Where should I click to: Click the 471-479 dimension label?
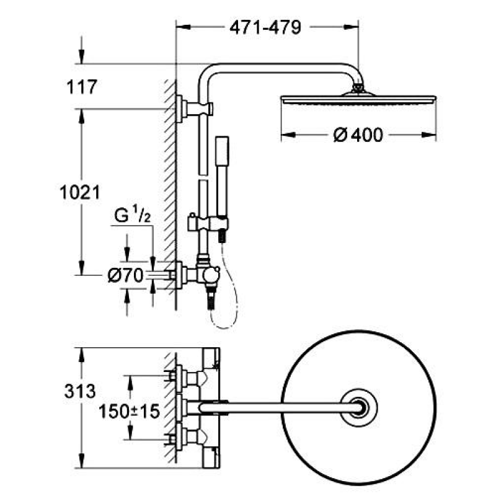(x=265, y=27)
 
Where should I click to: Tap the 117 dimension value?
(x=82, y=87)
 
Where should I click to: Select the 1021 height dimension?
(x=80, y=192)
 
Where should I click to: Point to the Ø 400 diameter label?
(x=358, y=135)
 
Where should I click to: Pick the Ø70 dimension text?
(x=125, y=275)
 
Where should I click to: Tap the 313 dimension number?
(x=80, y=391)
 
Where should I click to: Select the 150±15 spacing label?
(x=129, y=412)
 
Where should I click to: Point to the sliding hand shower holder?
(x=208, y=222)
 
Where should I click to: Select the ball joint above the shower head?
(x=358, y=87)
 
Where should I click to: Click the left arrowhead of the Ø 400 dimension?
(x=288, y=135)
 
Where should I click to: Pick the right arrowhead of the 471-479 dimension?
(x=351, y=27)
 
